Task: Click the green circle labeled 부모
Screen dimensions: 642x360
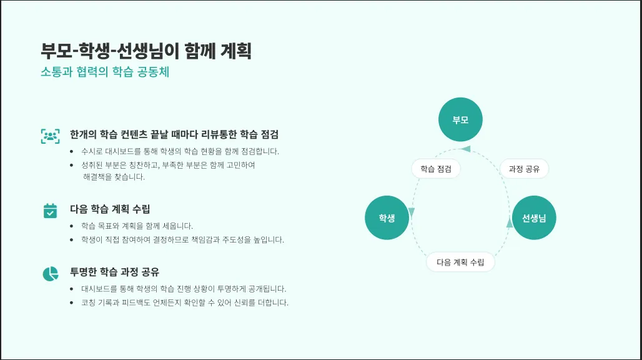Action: (x=460, y=120)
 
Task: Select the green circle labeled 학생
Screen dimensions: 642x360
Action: (x=387, y=217)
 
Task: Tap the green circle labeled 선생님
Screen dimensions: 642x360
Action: (x=534, y=217)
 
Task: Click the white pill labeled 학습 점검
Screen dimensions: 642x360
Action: (x=436, y=169)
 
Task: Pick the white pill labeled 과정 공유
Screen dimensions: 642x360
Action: (x=524, y=169)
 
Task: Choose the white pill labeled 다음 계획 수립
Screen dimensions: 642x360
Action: (x=460, y=262)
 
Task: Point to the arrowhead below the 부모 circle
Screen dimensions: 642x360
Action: (x=465, y=148)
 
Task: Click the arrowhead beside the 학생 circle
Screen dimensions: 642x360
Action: (x=411, y=213)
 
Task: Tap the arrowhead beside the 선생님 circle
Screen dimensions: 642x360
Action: (x=510, y=222)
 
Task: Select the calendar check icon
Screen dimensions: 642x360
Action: (x=50, y=211)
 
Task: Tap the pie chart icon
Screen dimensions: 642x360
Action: (x=50, y=273)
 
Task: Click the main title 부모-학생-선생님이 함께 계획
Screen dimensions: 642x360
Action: (x=146, y=51)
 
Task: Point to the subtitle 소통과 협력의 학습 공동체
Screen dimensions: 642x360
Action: (x=105, y=72)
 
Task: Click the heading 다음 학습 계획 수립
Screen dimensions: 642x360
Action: (x=110, y=209)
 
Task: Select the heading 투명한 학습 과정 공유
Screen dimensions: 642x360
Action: (x=115, y=272)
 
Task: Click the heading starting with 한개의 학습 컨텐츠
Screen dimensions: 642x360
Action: (x=174, y=134)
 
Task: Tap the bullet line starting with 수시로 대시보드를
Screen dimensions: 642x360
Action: (x=180, y=151)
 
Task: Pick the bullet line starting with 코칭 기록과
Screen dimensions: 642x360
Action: (x=184, y=303)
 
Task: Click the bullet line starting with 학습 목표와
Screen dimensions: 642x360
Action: (x=137, y=226)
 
